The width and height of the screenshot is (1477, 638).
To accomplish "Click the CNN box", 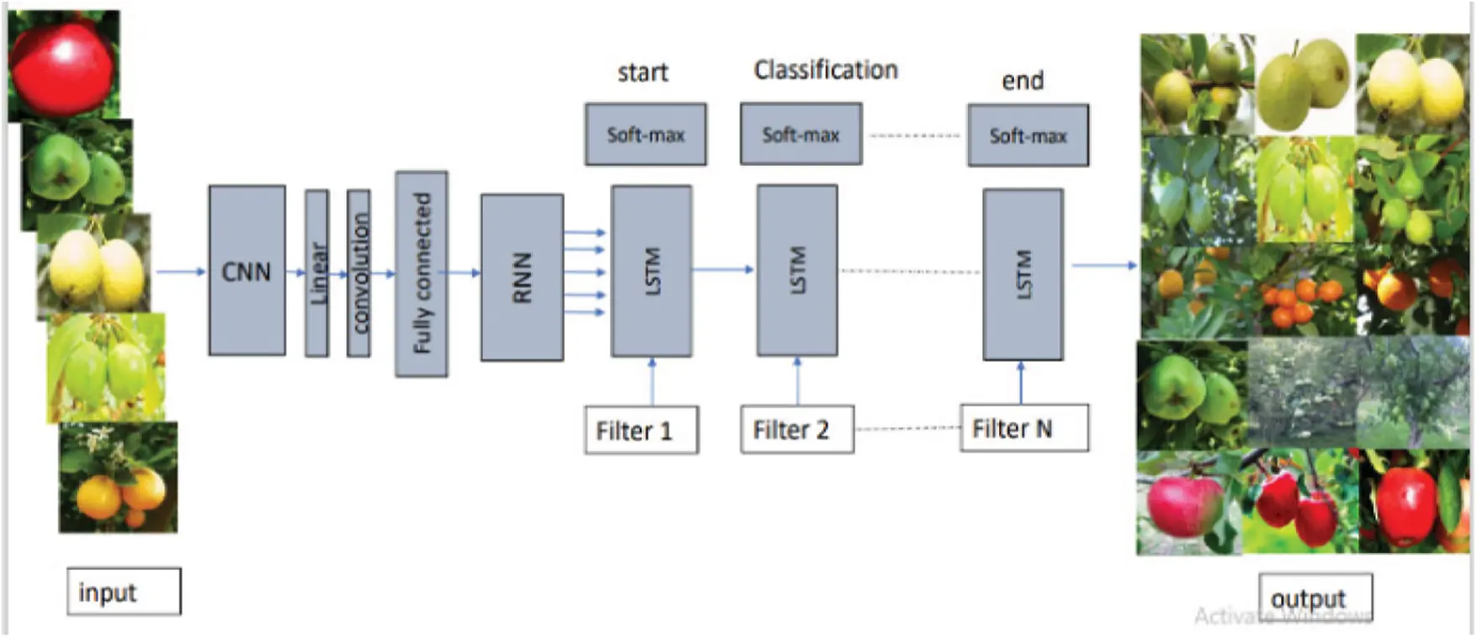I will pyautogui.click(x=247, y=270).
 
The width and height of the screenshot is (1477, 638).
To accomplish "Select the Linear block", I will pyautogui.click(x=316, y=273).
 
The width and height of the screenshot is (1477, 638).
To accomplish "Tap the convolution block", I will pyautogui.click(x=359, y=273).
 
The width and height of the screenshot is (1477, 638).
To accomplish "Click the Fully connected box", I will pyautogui.click(x=421, y=274).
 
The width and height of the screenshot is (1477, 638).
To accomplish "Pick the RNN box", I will pyautogui.click(x=522, y=277).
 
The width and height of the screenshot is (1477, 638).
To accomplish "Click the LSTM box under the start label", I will pyautogui.click(x=651, y=271).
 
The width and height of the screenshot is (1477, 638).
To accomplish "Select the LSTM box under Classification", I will pyautogui.click(x=797, y=270).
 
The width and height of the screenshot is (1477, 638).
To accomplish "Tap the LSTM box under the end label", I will pyautogui.click(x=1023, y=274).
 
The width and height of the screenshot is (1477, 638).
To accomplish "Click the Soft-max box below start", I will pyautogui.click(x=646, y=135).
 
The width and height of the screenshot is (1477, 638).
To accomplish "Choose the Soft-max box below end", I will pyautogui.click(x=1028, y=136).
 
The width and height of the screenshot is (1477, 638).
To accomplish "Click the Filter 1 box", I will pyautogui.click(x=640, y=430).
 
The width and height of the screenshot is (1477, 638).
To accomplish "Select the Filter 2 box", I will pyautogui.click(x=796, y=429).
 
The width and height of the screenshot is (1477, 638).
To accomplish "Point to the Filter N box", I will pyautogui.click(x=1023, y=428).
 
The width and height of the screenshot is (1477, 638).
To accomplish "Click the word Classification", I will pyautogui.click(x=825, y=70).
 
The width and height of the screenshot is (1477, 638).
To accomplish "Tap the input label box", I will pyautogui.click(x=124, y=592).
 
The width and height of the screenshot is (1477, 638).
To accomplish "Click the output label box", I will pyautogui.click(x=1315, y=598).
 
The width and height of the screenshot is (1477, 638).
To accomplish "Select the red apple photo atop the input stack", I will pyautogui.click(x=63, y=63).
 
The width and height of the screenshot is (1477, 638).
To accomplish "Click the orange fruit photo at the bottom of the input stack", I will pyautogui.click(x=118, y=478).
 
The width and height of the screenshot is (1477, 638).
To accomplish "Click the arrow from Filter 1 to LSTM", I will pyautogui.click(x=652, y=382).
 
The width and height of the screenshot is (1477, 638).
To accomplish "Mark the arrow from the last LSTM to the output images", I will pyautogui.click(x=1103, y=266).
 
